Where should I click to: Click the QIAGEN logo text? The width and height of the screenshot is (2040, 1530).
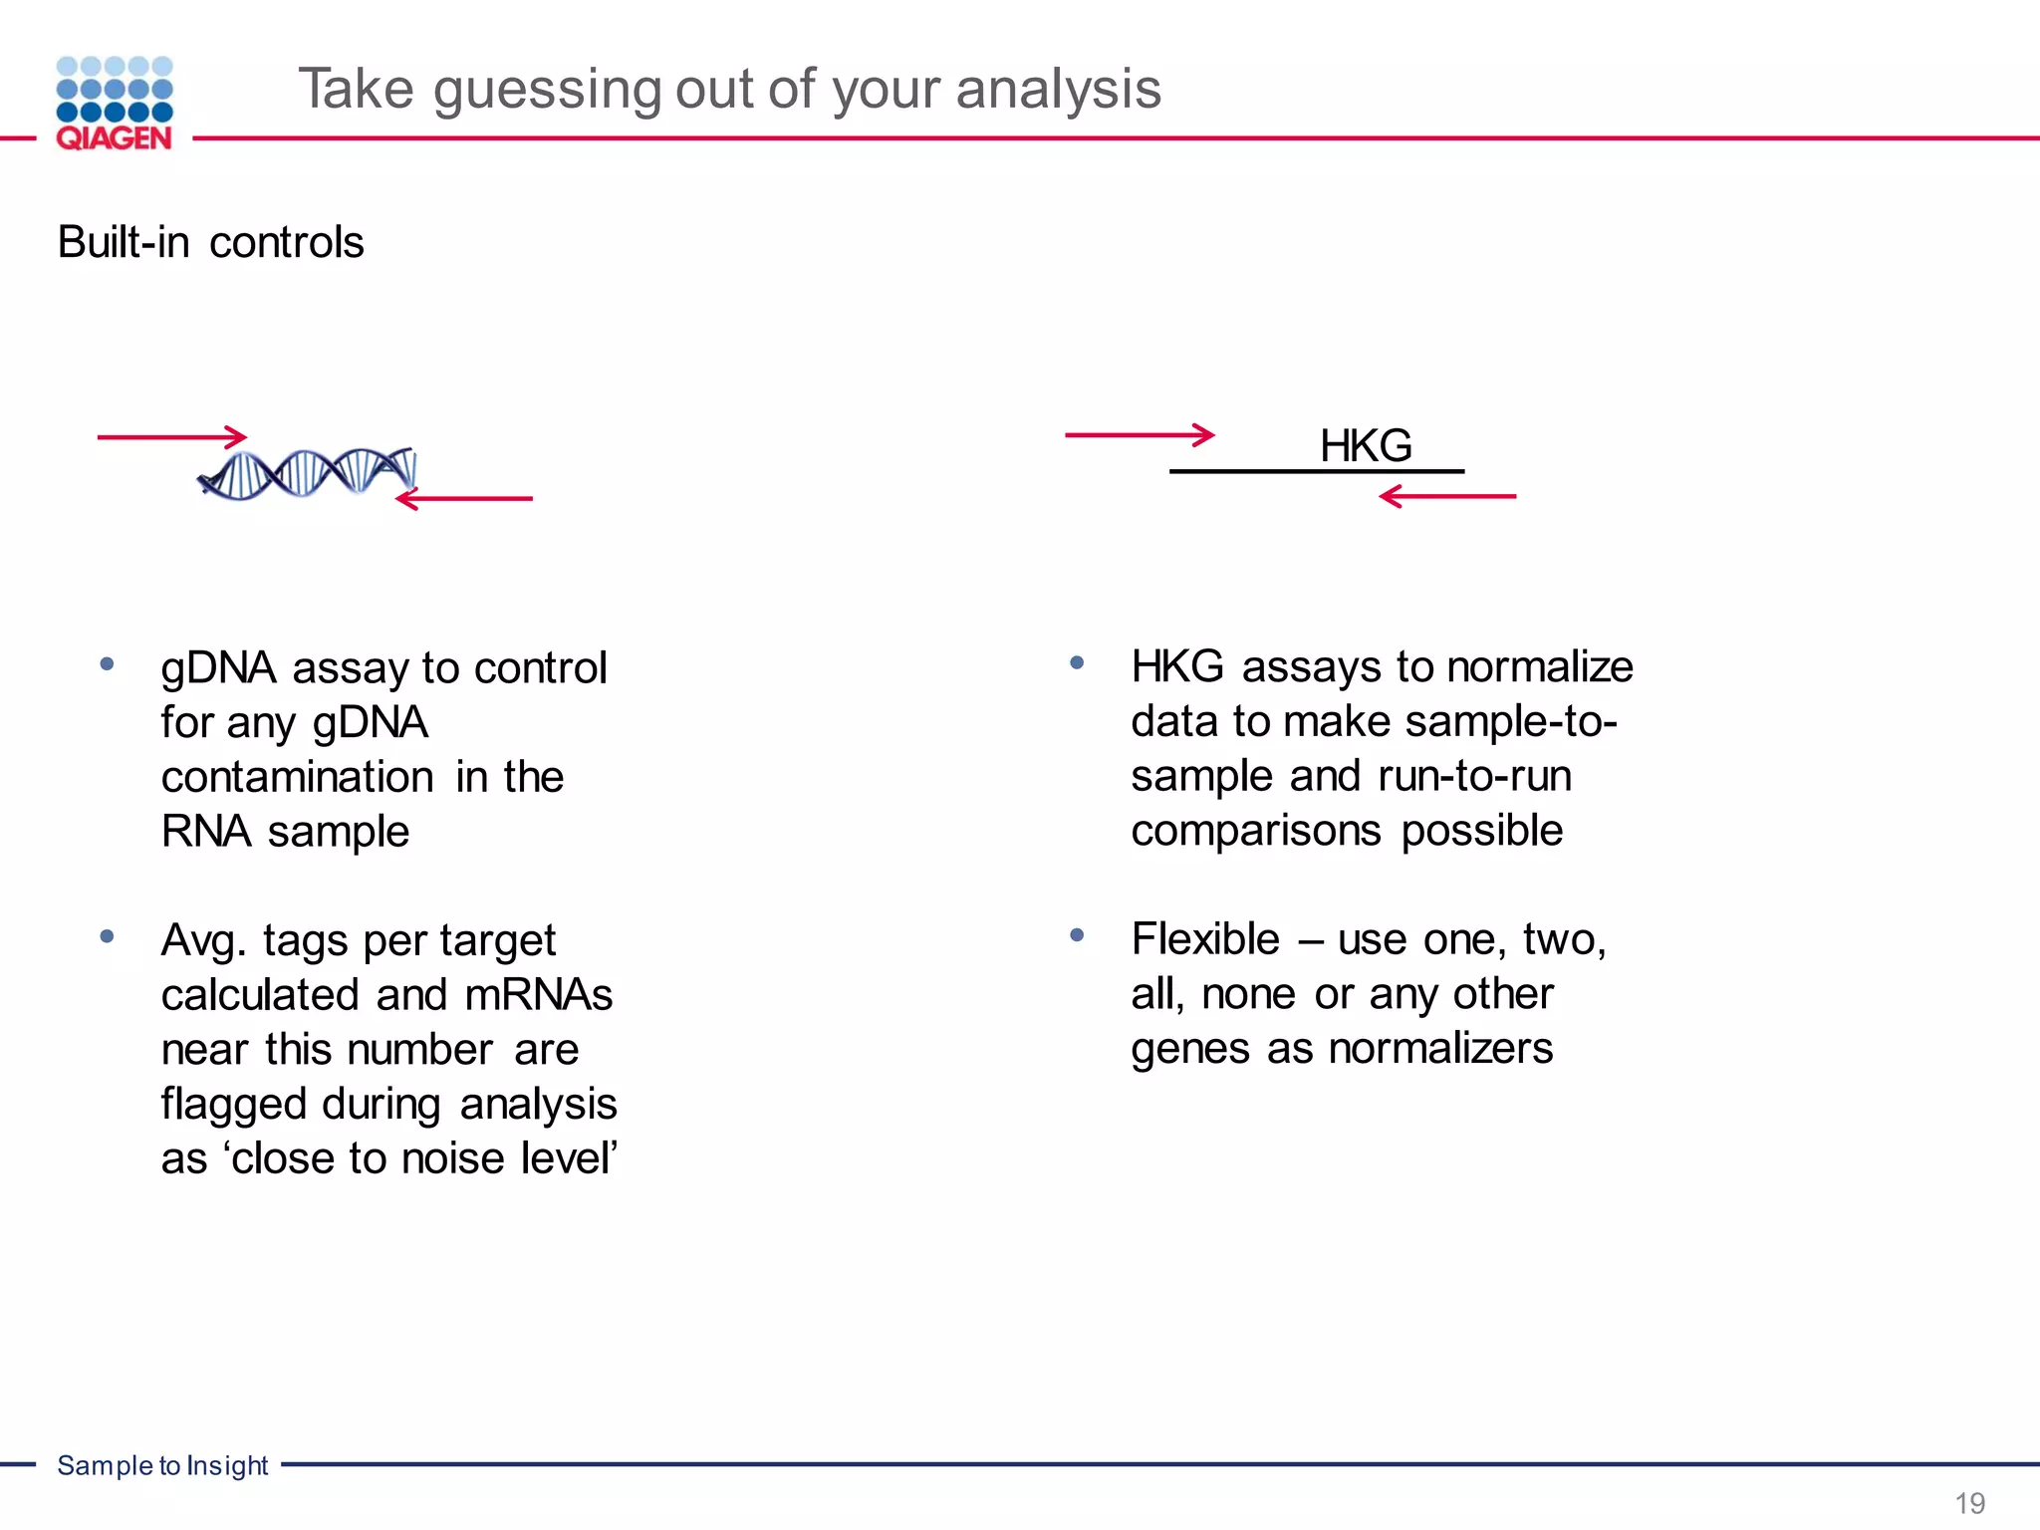(114, 137)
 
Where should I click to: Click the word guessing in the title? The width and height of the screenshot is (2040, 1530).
(547, 90)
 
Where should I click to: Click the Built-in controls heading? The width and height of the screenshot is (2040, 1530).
(210, 242)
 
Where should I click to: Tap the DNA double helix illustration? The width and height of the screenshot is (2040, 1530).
(307, 473)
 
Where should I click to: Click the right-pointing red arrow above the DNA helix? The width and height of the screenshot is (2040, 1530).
(172, 436)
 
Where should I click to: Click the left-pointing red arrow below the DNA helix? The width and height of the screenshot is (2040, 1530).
(464, 498)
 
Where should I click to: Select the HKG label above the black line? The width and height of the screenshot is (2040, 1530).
(1365, 445)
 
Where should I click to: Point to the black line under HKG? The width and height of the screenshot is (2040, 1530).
(1316, 471)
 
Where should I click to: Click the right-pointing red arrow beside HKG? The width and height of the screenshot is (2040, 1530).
(1140, 434)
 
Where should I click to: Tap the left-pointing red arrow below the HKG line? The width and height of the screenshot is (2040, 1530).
(1447, 495)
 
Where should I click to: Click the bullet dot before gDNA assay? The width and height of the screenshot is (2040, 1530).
(108, 664)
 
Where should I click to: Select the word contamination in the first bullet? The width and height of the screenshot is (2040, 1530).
(297, 777)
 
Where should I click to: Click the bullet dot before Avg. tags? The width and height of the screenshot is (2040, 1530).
(108, 936)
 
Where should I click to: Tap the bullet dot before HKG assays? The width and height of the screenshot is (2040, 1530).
(1077, 662)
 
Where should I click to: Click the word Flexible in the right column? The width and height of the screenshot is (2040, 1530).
(1205, 939)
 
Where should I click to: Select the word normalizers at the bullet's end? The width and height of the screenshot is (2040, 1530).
(1440, 1049)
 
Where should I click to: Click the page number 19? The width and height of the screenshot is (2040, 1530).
(1969, 1502)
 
